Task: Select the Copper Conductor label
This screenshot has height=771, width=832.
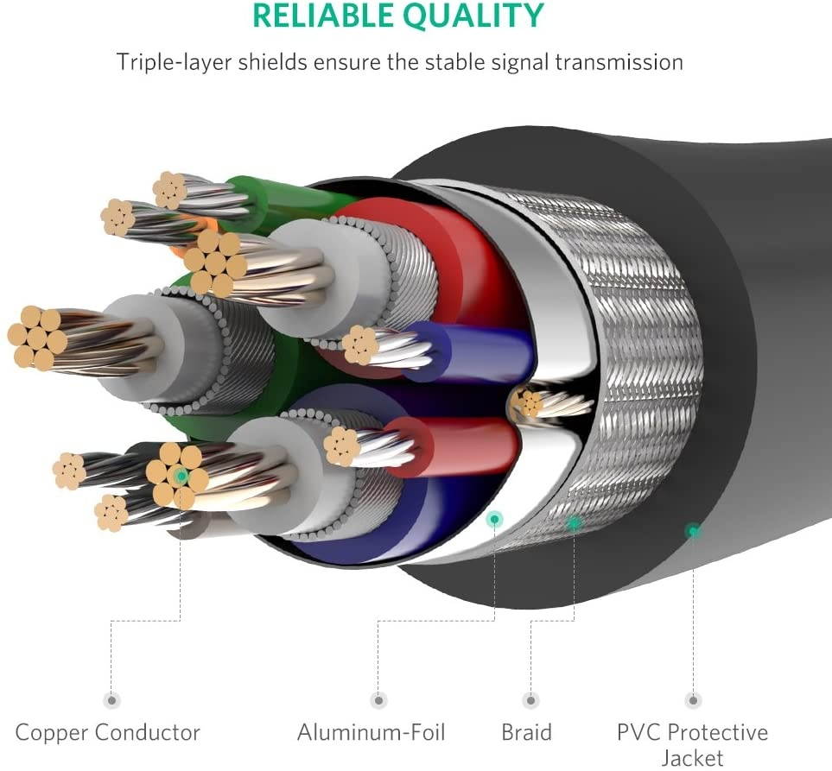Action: coord(108,733)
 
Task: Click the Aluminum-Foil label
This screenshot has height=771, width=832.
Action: coord(372,733)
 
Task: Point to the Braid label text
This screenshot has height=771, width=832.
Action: coord(526,733)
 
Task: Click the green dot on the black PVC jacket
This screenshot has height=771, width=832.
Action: coord(692,531)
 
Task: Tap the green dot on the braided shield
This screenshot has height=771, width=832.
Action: coord(574,522)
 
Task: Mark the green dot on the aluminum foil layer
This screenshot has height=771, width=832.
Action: coord(495,519)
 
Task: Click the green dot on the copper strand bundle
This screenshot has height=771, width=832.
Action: coord(180,476)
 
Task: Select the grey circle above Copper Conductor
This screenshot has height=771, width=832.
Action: coord(111,700)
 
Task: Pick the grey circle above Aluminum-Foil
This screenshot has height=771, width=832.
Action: coord(378,700)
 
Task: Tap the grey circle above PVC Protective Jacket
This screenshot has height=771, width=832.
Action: coord(692,700)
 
